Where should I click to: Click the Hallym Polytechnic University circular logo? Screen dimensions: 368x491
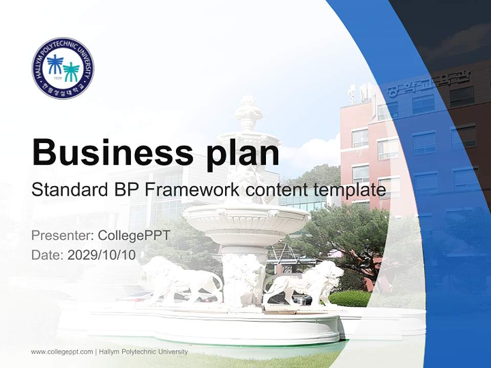point(63,68)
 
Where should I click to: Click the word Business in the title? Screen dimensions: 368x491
point(112,152)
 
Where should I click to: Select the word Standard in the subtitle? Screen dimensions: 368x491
point(68,190)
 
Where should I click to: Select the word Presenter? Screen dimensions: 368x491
point(61,236)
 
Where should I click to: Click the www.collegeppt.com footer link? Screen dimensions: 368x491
point(62,352)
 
